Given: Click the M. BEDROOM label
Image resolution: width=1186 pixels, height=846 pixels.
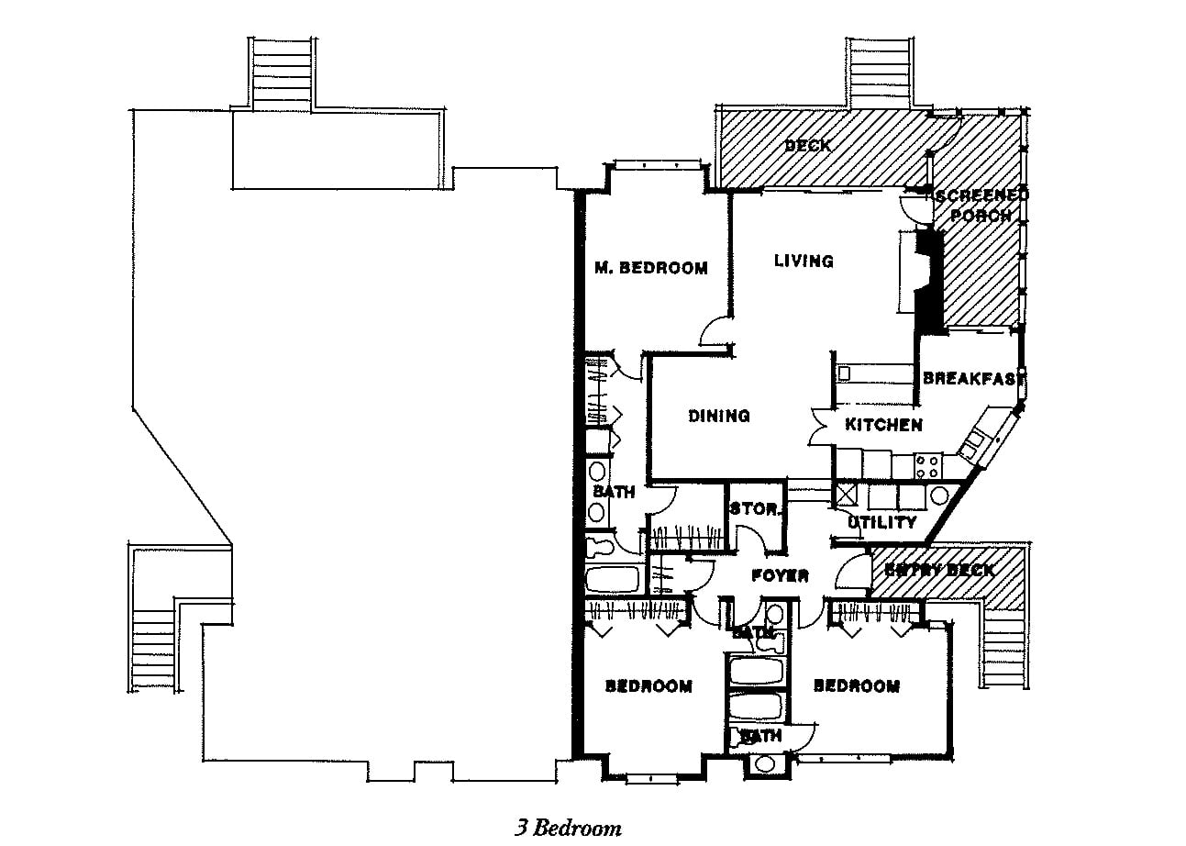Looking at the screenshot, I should click(650, 268).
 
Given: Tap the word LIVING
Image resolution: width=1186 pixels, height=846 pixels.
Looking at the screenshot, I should click(804, 261).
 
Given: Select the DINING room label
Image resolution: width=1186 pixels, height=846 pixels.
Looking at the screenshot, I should click(719, 416).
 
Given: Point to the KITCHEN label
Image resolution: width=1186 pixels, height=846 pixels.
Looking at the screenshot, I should click(883, 425).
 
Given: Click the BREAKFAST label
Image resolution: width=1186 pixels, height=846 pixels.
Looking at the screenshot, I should click(972, 378).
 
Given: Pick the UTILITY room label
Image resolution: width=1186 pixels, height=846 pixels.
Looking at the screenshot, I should click(881, 522).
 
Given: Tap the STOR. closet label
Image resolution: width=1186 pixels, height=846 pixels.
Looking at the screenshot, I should click(755, 509).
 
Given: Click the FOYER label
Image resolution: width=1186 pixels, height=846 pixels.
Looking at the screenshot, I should click(780, 576).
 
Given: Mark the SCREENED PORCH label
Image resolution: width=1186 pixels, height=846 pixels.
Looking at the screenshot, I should click(981, 206).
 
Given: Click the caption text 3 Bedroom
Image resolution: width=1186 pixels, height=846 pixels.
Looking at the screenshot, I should click(567, 828).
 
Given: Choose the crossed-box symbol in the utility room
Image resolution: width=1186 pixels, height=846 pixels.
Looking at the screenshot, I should click(844, 496).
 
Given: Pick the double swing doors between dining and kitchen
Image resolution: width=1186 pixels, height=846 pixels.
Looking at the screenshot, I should click(819, 428).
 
